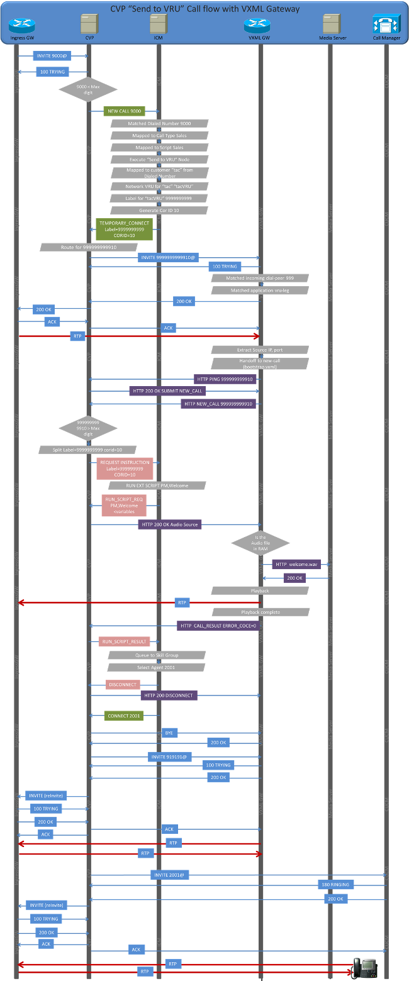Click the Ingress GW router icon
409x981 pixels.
22,26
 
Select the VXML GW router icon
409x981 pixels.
257,26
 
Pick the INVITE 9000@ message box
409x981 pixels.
52,56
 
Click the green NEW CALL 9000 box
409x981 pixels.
124,111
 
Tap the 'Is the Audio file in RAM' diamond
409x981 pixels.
261,542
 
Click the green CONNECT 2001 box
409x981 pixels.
124,715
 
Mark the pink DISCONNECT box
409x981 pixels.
123,685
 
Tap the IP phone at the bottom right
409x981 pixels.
364,967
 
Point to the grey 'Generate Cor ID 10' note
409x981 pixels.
159,210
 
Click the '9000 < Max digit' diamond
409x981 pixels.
87,89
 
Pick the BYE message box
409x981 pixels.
169,733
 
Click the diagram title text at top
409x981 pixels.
204,9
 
